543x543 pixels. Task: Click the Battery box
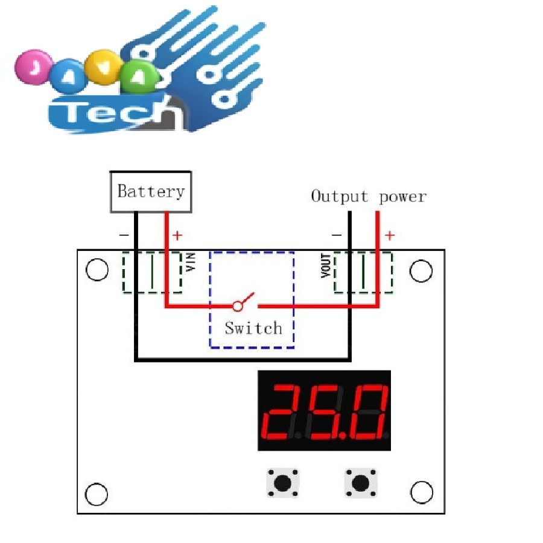151,192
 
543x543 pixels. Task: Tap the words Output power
368,197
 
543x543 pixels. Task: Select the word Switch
253,328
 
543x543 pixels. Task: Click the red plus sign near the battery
177,235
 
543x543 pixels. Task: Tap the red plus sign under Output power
390,235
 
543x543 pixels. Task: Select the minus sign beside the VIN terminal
124,235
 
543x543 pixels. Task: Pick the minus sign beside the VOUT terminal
337,235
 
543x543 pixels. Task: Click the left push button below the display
282,483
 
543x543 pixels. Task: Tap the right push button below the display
360,483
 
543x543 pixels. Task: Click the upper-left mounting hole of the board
97,270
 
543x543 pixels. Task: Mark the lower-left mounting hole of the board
97,494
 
